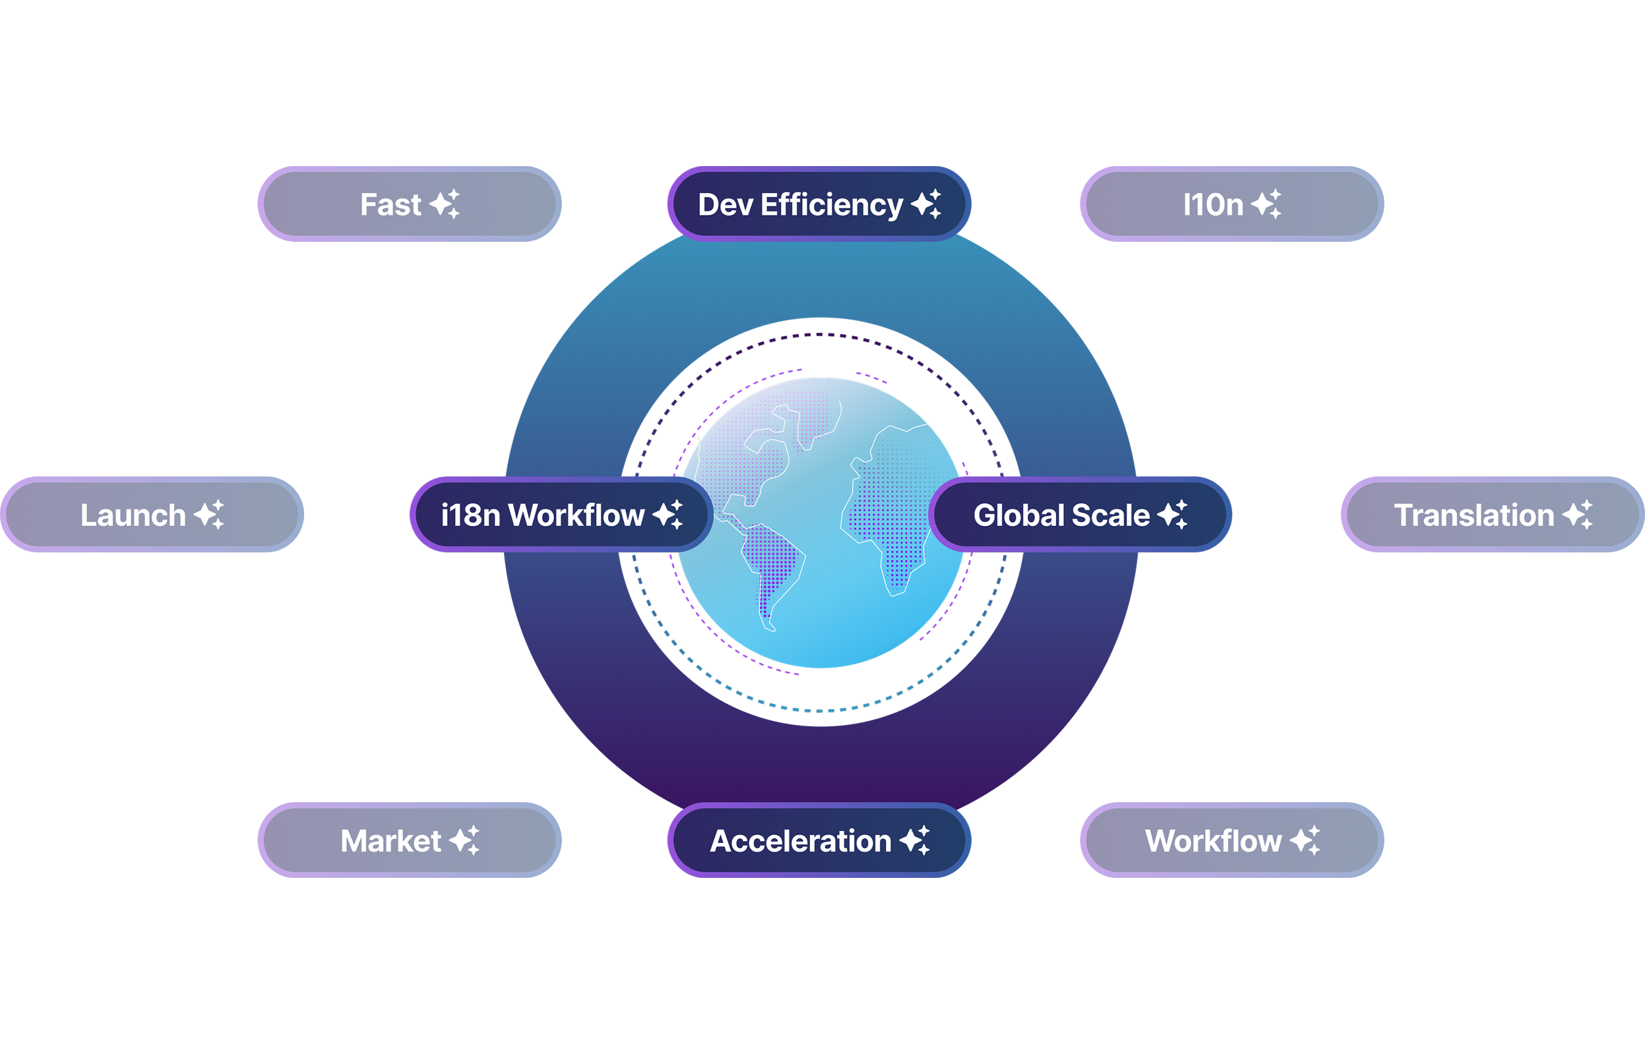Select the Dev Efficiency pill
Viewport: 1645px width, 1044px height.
point(819,204)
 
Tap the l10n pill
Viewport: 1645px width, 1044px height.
point(1231,204)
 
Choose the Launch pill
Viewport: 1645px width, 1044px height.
point(152,514)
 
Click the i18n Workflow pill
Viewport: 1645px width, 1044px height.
point(561,514)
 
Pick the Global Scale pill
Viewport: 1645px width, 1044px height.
point(1079,514)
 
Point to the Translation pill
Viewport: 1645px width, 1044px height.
point(1492,514)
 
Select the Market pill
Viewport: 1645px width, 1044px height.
point(409,840)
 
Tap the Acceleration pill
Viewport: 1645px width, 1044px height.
point(819,840)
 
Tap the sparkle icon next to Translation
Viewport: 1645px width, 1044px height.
point(1577,514)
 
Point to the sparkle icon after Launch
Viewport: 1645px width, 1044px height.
point(209,514)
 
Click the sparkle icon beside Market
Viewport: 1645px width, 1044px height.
point(464,840)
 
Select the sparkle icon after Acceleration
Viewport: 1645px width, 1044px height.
point(915,840)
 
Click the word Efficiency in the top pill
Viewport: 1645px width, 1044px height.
point(831,205)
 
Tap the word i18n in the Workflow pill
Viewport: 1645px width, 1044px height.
point(471,515)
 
